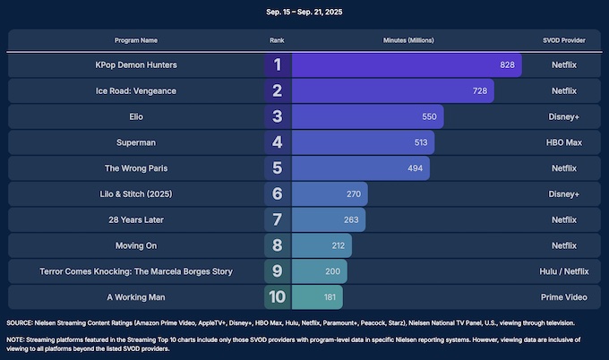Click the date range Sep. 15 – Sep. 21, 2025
(304, 12)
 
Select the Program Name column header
(136, 41)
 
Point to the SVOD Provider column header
(563, 41)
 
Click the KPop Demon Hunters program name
(136, 65)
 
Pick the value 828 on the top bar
(508, 65)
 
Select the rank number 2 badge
(278, 90)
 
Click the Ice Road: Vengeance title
(136, 90)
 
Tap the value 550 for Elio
(429, 116)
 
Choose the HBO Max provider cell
(563, 142)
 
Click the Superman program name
(136, 142)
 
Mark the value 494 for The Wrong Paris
(415, 168)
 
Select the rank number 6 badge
(278, 193)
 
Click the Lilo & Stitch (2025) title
(136, 193)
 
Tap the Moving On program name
(136, 245)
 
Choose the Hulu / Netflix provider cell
(563, 271)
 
